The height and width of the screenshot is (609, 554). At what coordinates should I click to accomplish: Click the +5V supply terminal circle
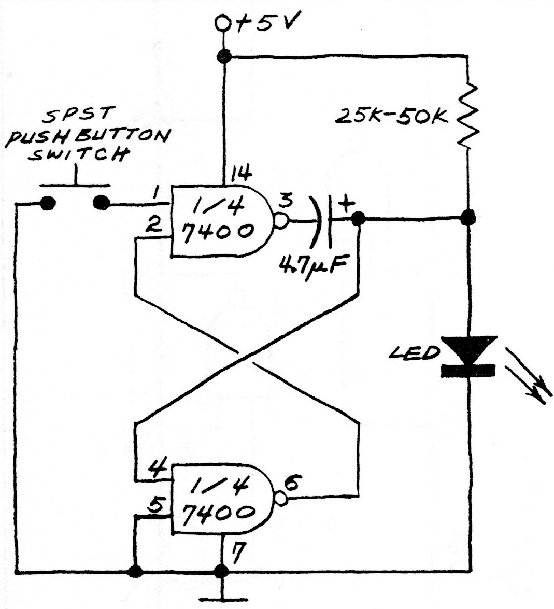(223, 23)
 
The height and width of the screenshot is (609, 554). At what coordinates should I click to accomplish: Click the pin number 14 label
(241, 174)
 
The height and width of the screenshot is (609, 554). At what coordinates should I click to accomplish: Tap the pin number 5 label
(155, 504)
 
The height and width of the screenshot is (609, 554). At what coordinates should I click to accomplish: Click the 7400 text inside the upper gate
(218, 232)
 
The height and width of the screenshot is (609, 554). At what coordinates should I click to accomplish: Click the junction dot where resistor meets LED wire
(468, 218)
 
